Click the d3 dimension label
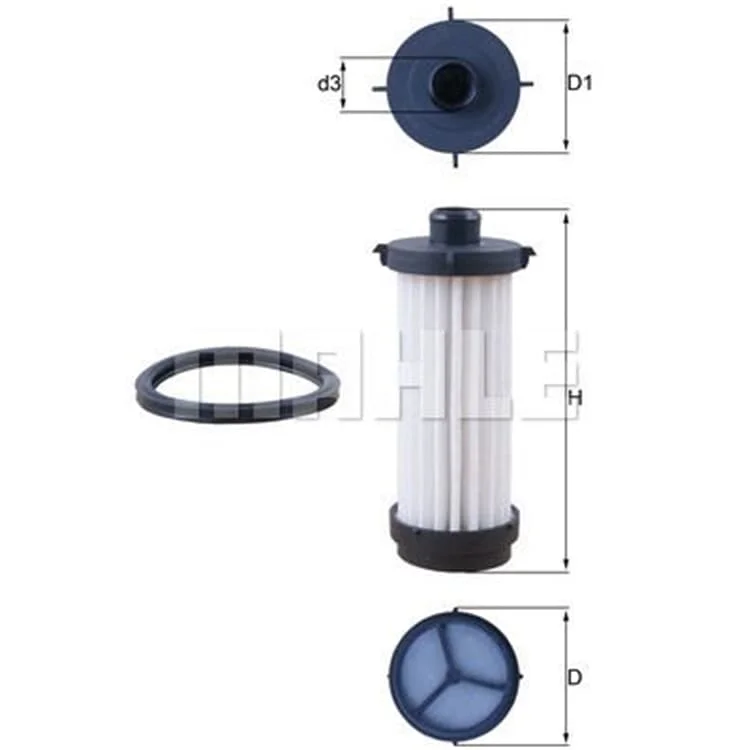click(x=329, y=84)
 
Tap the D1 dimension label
click(x=580, y=83)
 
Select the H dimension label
click(x=575, y=398)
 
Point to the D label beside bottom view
click(x=574, y=677)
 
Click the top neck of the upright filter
click(x=454, y=224)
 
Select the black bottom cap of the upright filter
click(x=454, y=538)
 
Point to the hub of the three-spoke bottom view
click(x=453, y=673)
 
